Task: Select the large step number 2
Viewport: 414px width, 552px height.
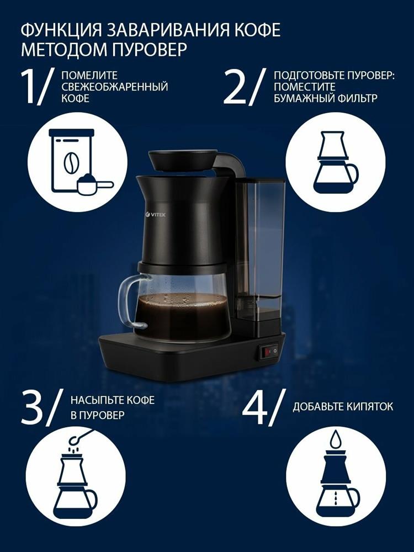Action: pyautogui.click(x=235, y=87)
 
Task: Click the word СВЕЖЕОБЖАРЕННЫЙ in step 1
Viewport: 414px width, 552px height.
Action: pyautogui.click(x=114, y=87)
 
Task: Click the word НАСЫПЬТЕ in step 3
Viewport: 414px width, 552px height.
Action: pyautogui.click(x=93, y=400)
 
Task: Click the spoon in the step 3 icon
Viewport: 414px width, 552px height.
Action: pyautogui.click(x=81, y=436)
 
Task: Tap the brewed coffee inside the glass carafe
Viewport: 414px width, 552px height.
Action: pyautogui.click(x=183, y=315)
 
